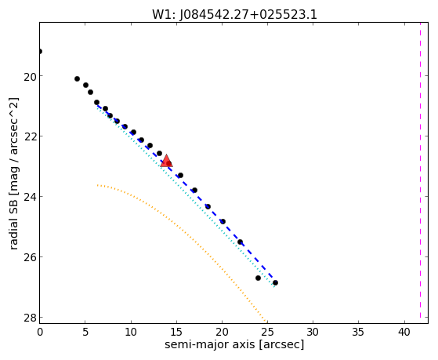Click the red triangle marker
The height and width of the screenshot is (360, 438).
tap(166, 161)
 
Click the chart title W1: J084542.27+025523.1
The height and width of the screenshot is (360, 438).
tap(234, 15)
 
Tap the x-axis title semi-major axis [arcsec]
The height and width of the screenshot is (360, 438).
tap(234, 344)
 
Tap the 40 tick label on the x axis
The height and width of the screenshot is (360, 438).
tap(404, 332)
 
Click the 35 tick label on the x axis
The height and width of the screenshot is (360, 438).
tap(358, 332)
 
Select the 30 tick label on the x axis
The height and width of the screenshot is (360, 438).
tap(313, 332)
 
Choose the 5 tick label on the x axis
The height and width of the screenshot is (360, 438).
tap(85, 332)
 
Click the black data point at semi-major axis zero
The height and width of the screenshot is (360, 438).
tap(40, 52)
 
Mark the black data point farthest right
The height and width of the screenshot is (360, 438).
tap(275, 283)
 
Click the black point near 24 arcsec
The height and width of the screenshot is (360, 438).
tap(258, 278)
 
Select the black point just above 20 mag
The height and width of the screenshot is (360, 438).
tap(77, 79)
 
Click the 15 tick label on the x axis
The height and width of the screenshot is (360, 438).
tap(176, 332)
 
